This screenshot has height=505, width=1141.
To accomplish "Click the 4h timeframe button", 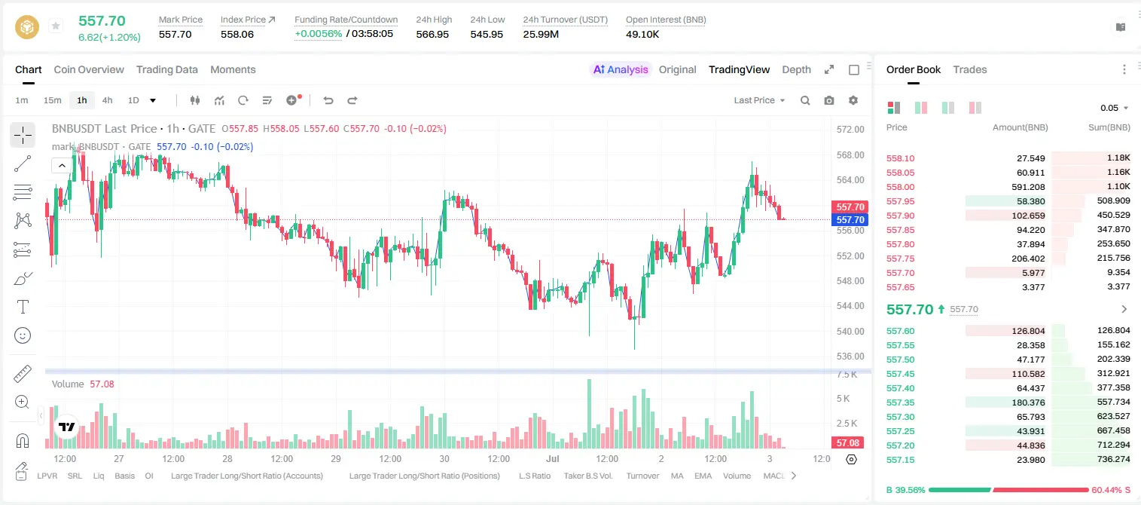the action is (107, 100).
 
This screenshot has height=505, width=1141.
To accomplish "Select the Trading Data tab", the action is (166, 69).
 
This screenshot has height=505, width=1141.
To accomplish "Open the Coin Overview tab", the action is (89, 69).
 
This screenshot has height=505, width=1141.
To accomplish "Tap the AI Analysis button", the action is (621, 69).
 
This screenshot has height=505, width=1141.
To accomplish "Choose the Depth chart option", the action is (796, 69).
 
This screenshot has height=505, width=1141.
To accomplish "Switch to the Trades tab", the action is (970, 69).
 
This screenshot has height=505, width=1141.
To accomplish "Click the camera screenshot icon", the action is (829, 100).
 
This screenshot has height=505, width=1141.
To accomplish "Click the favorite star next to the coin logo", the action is (56, 26).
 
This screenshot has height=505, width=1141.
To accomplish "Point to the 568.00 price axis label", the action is (850, 155).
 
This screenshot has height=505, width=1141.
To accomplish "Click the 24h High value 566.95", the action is (432, 34).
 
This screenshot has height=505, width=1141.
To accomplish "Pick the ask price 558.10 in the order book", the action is (900, 158).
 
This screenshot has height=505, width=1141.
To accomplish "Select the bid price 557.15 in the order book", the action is (900, 460).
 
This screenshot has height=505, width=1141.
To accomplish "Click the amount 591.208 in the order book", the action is (1028, 187).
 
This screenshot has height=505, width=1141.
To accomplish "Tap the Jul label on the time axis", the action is (553, 458).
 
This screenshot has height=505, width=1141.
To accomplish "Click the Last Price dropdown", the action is (759, 100).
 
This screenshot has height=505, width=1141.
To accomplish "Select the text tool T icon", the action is (23, 307).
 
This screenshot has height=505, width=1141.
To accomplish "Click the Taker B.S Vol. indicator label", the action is (587, 476).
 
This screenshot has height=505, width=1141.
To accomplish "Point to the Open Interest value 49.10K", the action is (642, 34).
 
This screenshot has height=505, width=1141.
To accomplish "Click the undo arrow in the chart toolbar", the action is (328, 100).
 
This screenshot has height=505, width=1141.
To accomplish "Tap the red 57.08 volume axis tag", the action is (847, 443).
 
